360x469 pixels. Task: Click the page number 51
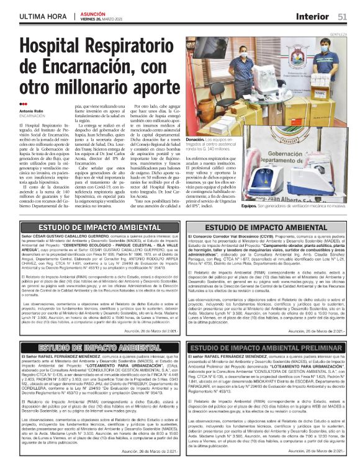tap(342, 16)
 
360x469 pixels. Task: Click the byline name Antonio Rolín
tap(32, 110)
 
